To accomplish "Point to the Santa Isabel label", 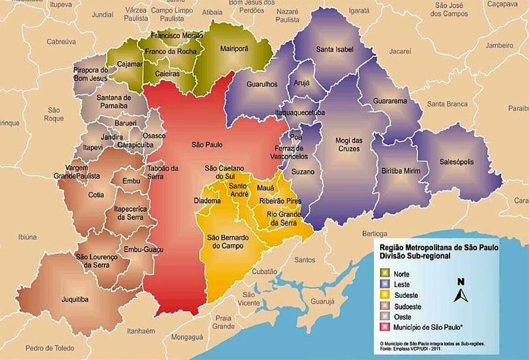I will [335, 50].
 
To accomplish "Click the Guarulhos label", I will [262, 85].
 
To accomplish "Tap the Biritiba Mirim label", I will [401, 170].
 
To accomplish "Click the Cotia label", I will [97, 195].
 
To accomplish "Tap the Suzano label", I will [303, 172].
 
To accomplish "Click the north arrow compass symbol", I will [462, 290].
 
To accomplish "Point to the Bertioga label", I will [374, 234].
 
